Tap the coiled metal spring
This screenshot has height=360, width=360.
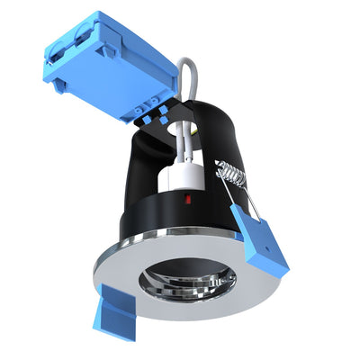coord(229,173)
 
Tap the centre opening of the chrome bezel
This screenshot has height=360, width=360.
coord(186,275)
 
